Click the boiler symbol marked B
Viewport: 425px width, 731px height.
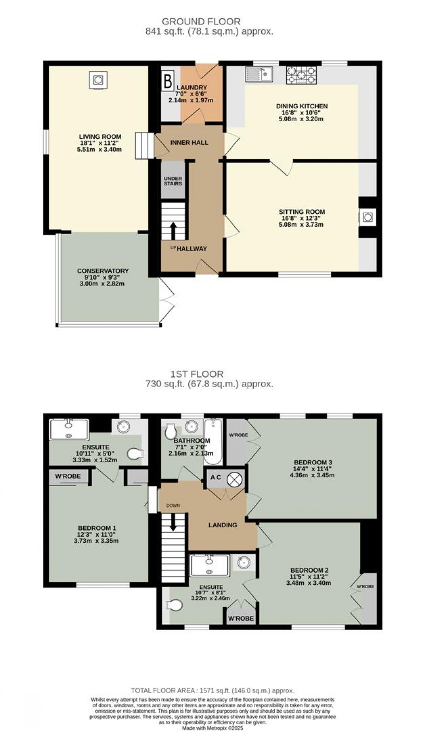click(x=167, y=81)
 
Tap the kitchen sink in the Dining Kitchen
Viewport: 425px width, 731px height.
click(x=259, y=74)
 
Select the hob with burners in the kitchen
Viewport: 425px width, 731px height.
click(x=301, y=75)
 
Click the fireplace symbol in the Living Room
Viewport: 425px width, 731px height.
click(x=98, y=80)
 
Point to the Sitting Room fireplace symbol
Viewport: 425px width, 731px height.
click(x=367, y=217)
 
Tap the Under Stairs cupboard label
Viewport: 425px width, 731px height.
click(x=172, y=181)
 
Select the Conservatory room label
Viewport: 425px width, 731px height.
click(x=102, y=271)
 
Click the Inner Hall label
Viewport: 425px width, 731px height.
click(x=189, y=143)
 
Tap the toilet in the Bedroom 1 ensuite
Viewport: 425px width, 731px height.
click(x=136, y=453)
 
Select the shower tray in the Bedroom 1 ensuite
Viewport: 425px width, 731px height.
click(x=69, y=430)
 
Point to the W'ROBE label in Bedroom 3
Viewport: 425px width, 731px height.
click(x=238, y=435)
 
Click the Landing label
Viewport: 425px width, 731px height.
click(x=222, y=525)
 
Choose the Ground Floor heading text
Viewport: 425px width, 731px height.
click(x=201, y=21)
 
